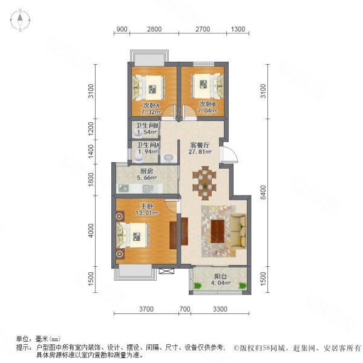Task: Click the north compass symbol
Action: pyautogui.click(x=19, y=21)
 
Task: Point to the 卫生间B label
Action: pyautogui.click(x=146, y=125)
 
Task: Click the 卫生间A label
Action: pyautogui.click(x=148, y=145)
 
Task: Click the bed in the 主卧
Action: pyautogui.click(x=133, y=234)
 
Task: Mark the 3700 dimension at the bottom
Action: pyautogui.click(x=144, y=310)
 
